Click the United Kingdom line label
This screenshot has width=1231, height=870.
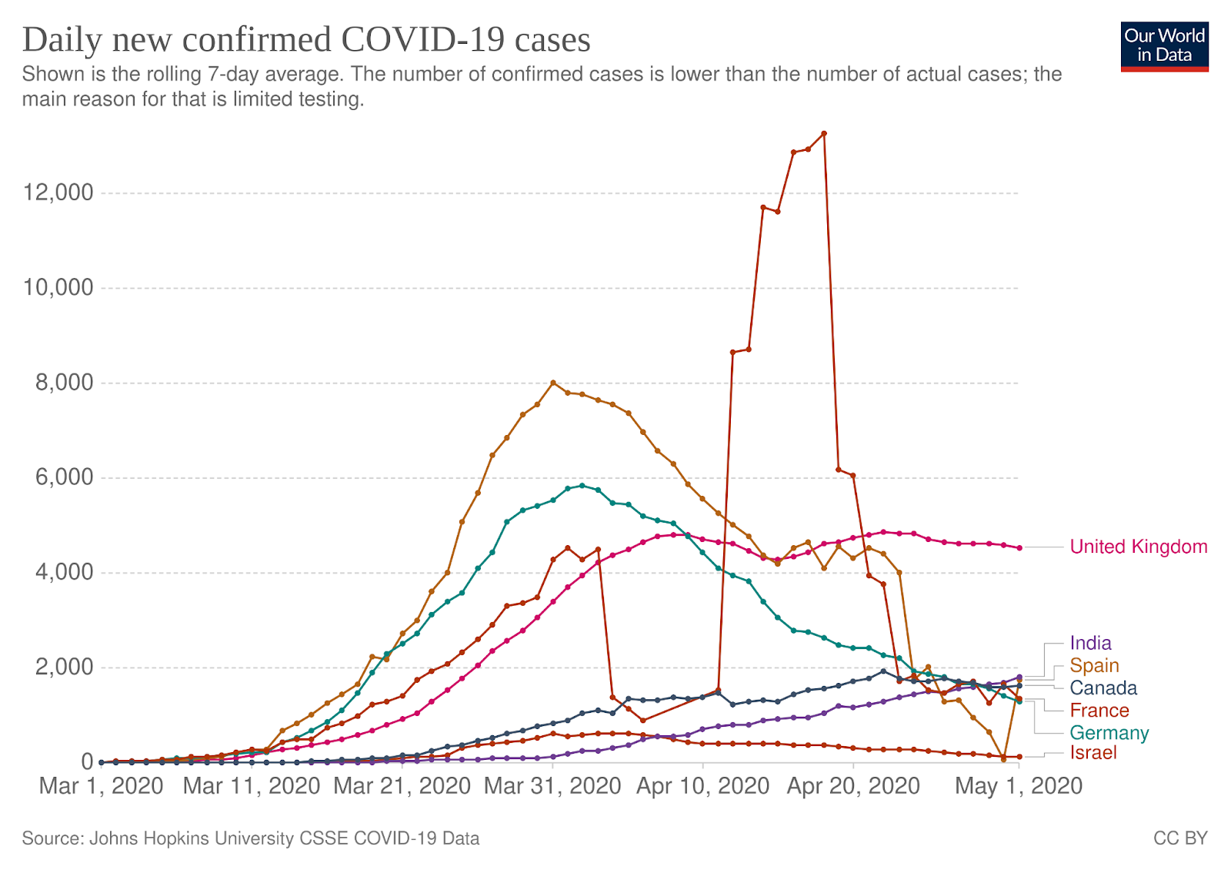click(1138, 547)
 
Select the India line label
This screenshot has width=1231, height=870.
click(1090, 643)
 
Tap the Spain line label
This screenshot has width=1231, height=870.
click(1094, 665)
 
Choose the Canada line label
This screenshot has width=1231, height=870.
click(1103, 688)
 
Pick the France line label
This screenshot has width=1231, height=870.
click(1099, 710)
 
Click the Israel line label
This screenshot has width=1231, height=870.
click(1093, 752)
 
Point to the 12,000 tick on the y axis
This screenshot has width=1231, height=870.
click(58, 192)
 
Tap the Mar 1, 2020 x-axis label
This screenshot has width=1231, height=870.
click(101, 786)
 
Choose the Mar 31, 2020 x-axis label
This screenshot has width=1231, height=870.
click(552, 786)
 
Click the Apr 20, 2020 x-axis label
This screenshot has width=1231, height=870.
click(853, 786)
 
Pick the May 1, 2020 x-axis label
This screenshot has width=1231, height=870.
click(1019, 786)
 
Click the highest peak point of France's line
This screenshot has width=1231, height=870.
click(824, 133)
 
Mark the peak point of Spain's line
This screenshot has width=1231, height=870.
click(552, 383)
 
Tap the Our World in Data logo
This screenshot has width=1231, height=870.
click(1164, 46)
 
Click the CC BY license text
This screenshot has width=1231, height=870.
click(1180, 838)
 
